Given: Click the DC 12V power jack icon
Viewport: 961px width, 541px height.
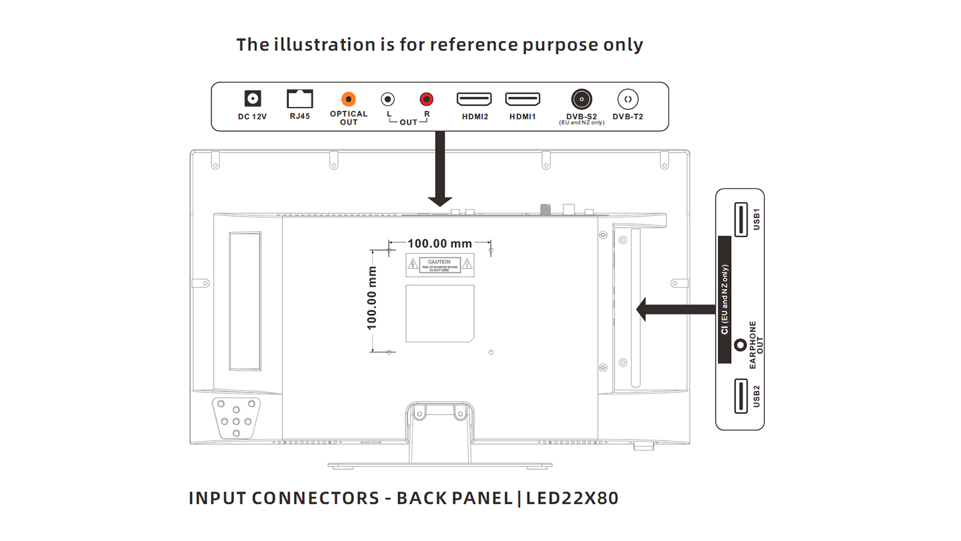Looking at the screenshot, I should click(x=253, y=99).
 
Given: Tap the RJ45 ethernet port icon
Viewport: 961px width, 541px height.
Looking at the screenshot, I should click(x=300, y=99).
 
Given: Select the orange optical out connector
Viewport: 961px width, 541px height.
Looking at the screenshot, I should click(x=349, y=99).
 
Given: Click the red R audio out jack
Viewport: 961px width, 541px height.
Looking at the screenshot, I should click(x=426, y=99).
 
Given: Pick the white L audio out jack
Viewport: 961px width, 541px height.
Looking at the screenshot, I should click(x=388, y=99).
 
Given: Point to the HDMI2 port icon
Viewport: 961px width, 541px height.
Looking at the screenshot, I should click(x=474, y=99).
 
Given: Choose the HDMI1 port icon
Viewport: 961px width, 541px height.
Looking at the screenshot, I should click(x=523, y=99).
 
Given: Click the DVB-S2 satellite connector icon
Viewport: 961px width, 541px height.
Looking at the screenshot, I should click(x=581, y=99).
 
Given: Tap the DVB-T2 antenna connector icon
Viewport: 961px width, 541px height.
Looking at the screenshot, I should click(x=628, y=99).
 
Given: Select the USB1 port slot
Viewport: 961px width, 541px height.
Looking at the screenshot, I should click(x=741, y=219).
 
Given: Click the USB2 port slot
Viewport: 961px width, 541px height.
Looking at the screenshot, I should click(x=741, y=396).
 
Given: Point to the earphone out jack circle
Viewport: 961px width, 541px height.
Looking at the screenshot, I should click(x=740, y=345).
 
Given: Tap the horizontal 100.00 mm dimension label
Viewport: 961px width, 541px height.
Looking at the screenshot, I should click(x=439, y=244).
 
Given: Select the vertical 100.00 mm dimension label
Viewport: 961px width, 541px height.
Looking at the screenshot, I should click(x=372, y=299).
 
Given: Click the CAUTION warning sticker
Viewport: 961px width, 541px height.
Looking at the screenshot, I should click(x=439, y=265).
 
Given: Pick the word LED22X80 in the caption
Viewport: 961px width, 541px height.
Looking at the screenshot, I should click(x=572, y=498).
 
